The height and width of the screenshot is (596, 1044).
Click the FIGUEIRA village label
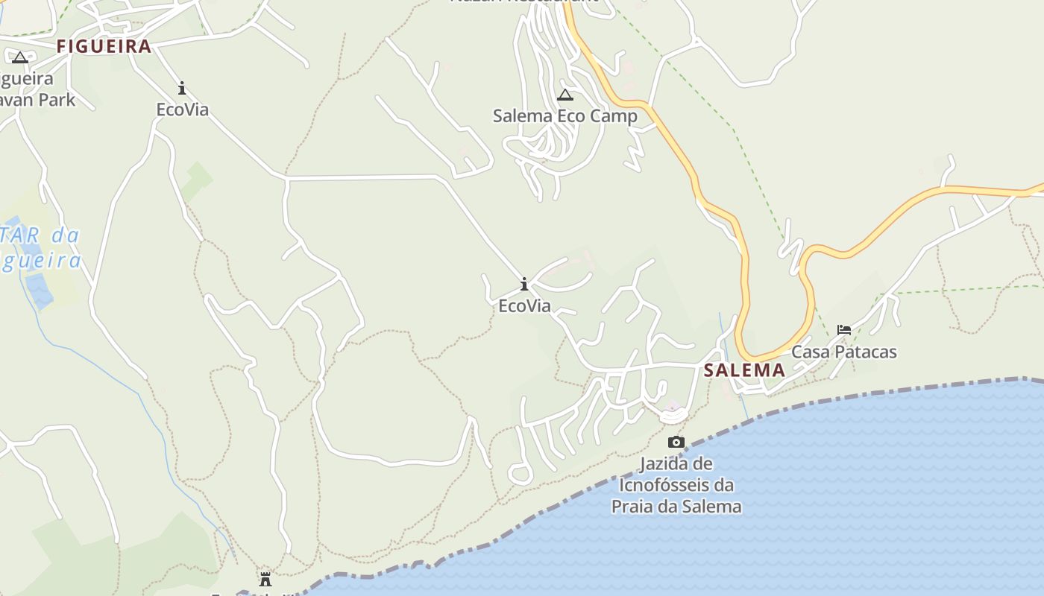coord(104,46)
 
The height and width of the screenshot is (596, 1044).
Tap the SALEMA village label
coord(744,370)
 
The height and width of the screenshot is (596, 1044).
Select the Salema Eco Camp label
coord(565,116)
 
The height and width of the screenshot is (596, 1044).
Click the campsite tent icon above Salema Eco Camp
coord(565,95)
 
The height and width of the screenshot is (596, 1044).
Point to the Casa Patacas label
coord(843,352)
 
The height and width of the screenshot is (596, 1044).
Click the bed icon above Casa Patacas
coord(843,329)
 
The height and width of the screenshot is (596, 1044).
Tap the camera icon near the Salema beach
coord(676,442)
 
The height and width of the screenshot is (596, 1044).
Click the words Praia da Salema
coord(676,507)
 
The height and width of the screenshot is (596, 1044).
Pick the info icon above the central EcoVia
coord(524,284)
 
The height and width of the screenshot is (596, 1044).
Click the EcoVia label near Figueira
coord(182,110)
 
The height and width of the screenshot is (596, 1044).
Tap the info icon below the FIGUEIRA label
coord(182,89)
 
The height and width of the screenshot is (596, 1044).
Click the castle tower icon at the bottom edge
coord(265,579)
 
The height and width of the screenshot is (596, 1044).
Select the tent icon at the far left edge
coord(19,57)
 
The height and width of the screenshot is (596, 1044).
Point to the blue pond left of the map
coord(39,290)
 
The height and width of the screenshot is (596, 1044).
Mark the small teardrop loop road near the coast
coord(520,473)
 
